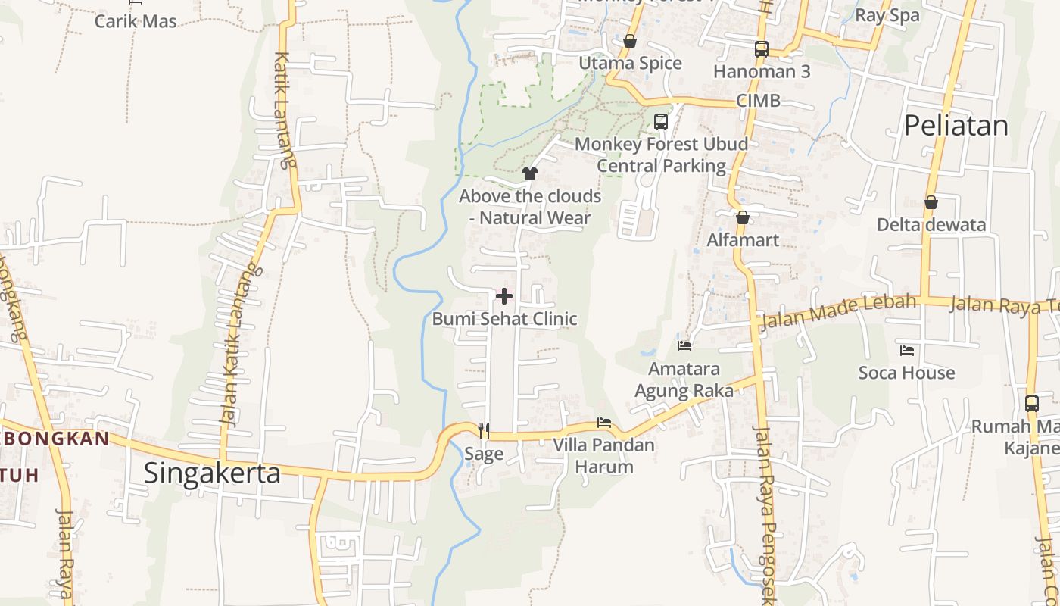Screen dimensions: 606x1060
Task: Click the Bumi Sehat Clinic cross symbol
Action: (x=504, y=296)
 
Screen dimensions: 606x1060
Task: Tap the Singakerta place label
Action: (x=212, y=473)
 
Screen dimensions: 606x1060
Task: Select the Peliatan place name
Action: (x=956, y=126)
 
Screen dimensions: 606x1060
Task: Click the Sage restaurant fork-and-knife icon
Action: (x=483, y=431)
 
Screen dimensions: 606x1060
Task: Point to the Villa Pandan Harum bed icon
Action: (x=603, y=422)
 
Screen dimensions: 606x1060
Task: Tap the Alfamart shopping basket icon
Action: (x=743, y=217)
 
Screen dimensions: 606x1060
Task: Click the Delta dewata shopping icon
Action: (x=931, y=202)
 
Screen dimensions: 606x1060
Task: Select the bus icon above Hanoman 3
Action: (x=762, y=49)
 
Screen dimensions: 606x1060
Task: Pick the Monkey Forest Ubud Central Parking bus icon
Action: (x=661, y=121)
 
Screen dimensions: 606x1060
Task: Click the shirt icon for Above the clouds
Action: (x=530, y=173)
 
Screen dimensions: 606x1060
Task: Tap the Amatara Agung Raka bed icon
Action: (x=684, y=346)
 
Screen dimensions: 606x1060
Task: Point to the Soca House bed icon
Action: (x=907, y=350)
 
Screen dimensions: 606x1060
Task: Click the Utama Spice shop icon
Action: (x=630, y=41)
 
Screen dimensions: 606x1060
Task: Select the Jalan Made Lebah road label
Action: (x=838, y=311)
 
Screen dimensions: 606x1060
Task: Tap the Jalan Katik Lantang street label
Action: (x=237, y=345)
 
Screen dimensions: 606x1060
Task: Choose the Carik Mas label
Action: (x=136, y=21)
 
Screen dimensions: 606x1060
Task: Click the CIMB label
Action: (x=758, y=101)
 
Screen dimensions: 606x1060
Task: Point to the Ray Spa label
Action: (x=887, y=15)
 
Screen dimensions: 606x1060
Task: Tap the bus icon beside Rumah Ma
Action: (x=1032, y=404)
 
